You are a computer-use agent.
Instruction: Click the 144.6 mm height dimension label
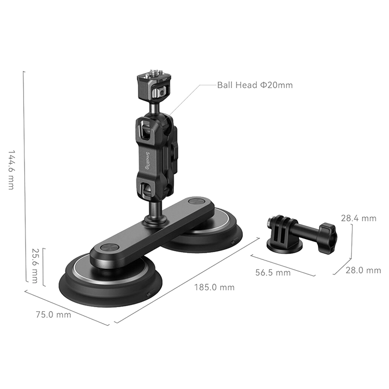[x=11, y=170]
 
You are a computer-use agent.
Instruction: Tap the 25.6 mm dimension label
[x=34, y=266]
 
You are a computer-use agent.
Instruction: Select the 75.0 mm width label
[x=53, y=315]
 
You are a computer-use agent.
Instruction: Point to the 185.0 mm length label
[x=214, y=287]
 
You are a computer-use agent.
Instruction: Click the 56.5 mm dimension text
[x=273, y=273]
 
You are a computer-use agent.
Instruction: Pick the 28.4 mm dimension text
[x=358, y=218]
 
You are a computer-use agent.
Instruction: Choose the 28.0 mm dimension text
[x=363, y=270]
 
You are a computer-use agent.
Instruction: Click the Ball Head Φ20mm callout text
[x=255, y=85]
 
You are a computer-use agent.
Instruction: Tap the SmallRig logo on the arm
[x=147, y=160]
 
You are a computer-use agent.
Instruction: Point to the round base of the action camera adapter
[x=285, y=247]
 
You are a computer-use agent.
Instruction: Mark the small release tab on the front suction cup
[x=149, y=294]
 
